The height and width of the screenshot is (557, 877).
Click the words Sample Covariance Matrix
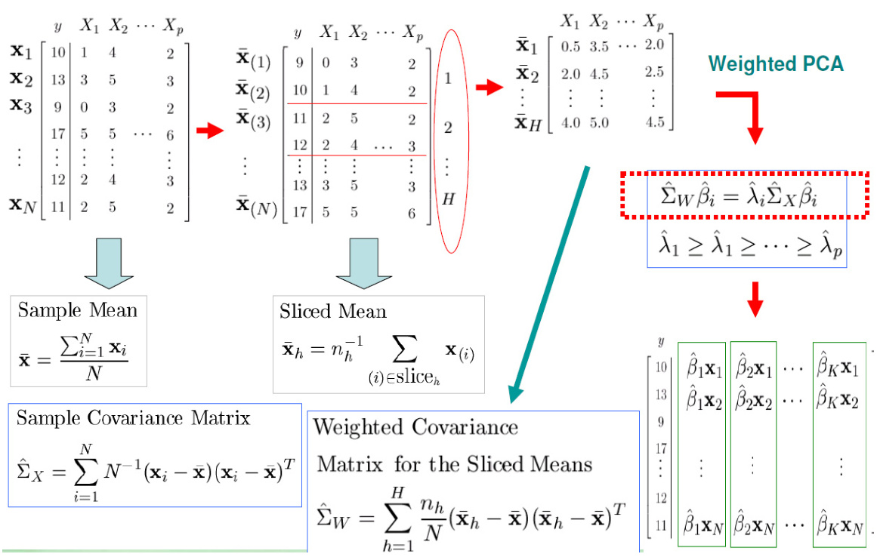click(133, 417)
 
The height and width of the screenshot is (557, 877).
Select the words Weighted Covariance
click(415, 427)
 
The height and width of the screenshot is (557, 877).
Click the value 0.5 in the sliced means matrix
click(570, 45)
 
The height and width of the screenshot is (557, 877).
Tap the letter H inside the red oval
click(447, 201)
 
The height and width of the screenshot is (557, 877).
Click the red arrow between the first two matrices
click(211, 131)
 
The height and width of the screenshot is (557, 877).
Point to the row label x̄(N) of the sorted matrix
click(255, 205)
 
